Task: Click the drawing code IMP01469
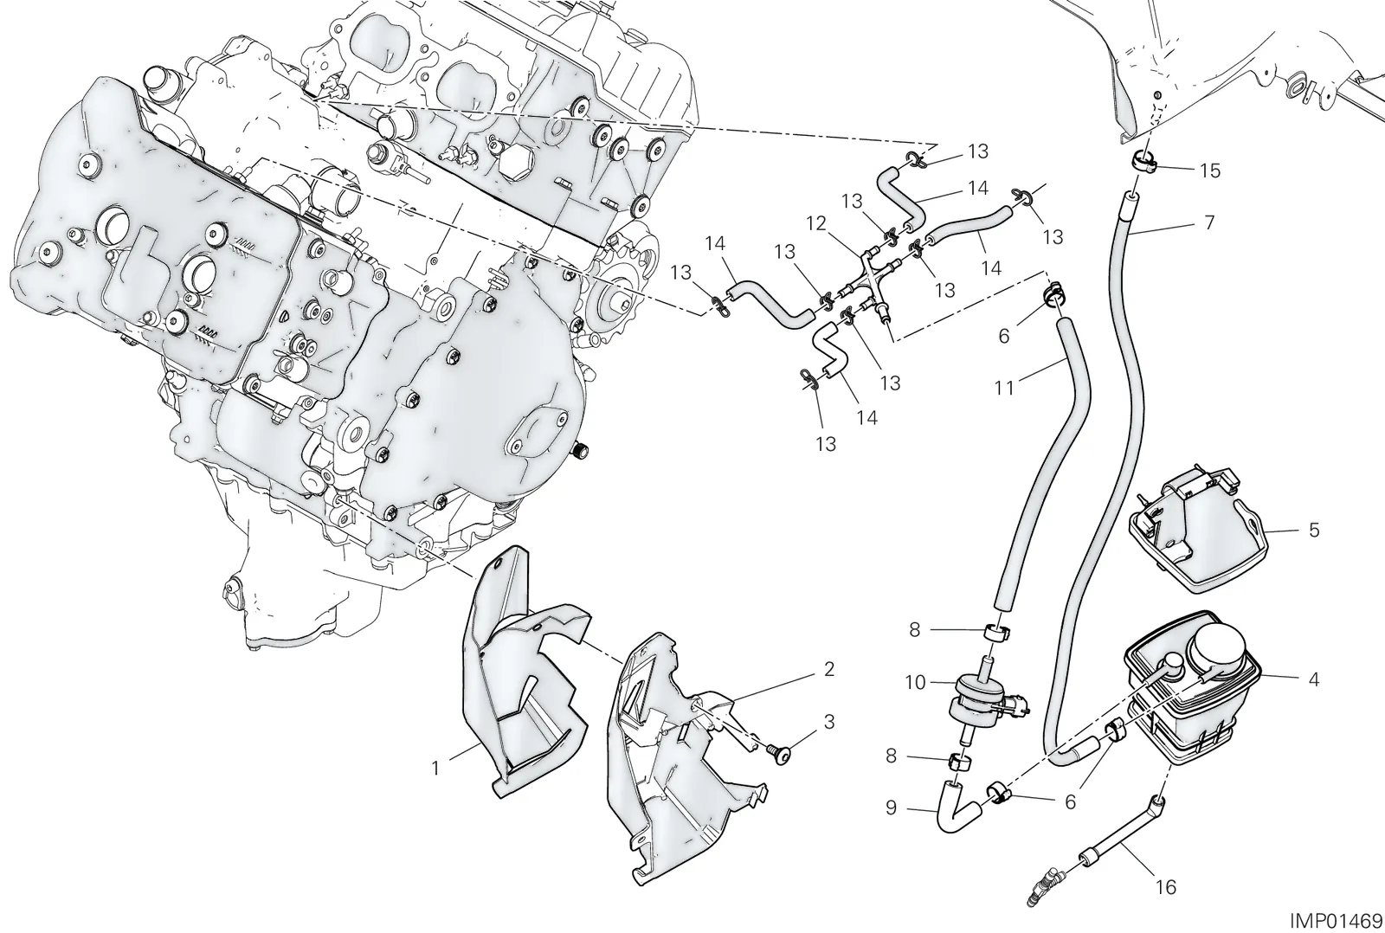coord(1338,918)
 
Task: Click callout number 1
coord(435,768)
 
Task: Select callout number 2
coord(829,669)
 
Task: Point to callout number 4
coord(1314,680)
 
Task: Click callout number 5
coord(1315,530)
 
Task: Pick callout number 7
coord(1210,222)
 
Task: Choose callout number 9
coord(891,808)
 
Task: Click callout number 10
coord(915,683)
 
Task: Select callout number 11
coord(1004,388)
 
